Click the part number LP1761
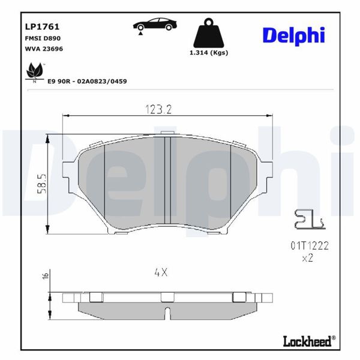tap(37, 26)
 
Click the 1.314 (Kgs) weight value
tap(208, 53)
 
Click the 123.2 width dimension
tap(158, 109)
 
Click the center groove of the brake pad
tap(168, 181)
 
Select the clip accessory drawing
tap(307, 221)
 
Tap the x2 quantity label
tap(307, 259)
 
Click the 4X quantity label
tap(160, 272)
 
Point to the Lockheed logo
tap(307, 342)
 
